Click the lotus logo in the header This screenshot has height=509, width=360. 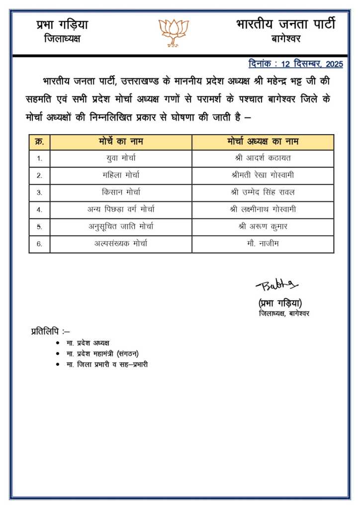[x=174, y=33]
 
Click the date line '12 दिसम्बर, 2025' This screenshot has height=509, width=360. [x=295, y=64]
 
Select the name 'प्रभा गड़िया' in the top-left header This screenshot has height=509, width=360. [x=62, y=24]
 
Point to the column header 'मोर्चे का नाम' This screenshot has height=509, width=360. [x=121, y=142]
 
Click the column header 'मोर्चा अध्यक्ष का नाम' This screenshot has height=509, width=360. [x=263, y=142]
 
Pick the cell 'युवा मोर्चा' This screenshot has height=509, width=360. [x=121, y=159]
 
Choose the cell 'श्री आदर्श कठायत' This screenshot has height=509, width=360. [x=263, y=159]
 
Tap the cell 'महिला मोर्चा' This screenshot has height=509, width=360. [x=121, y=175]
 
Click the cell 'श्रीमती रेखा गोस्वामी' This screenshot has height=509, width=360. [x=263, y=175]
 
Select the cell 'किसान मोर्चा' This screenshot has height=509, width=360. [x=121, y=192]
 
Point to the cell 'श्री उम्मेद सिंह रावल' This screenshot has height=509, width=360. [x=263, y=192]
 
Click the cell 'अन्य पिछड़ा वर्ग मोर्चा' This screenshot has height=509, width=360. [x=121, y=210]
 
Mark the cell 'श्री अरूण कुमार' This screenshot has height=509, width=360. [x=263, y=227]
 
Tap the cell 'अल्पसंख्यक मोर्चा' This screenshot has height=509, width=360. [x=121, y=244]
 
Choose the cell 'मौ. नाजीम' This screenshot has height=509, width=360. [x=263, y=244]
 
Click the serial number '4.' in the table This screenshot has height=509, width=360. [x=39, y=210]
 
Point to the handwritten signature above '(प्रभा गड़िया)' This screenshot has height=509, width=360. [x=276, y=285]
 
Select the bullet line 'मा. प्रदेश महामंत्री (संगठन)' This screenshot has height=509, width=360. [x=102, y=353]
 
